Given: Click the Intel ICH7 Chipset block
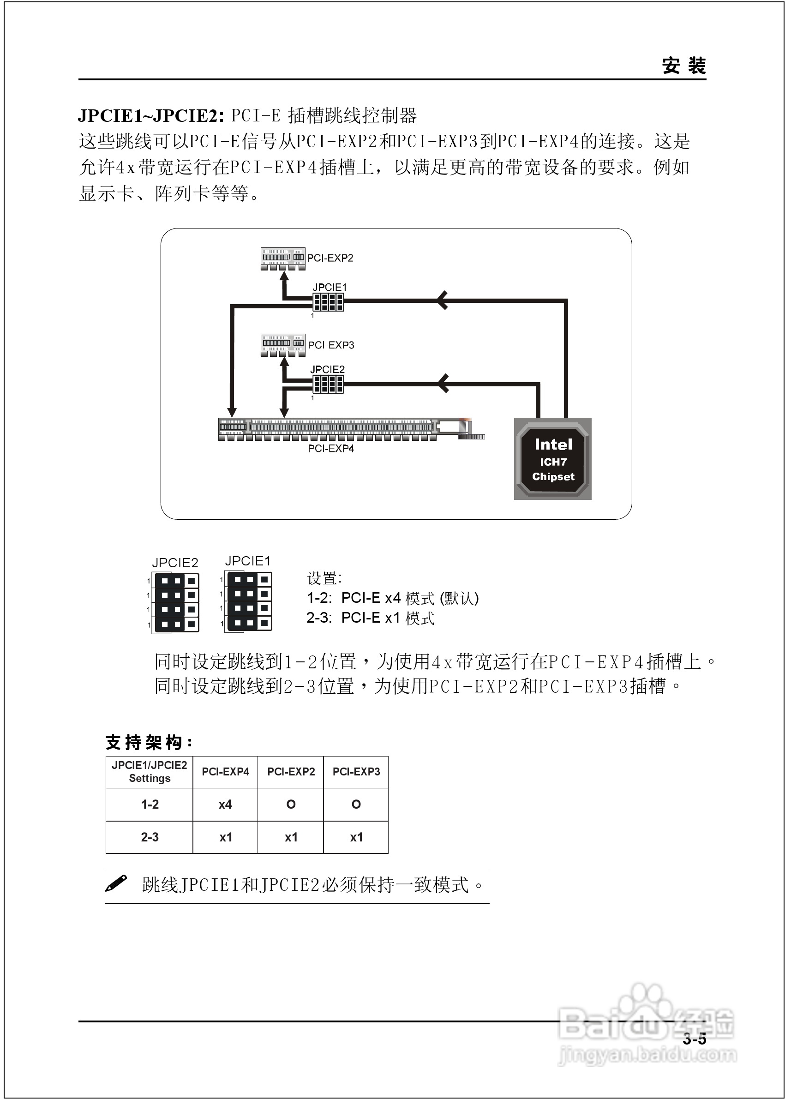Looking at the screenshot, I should pyautogui.click(x=552, y=458).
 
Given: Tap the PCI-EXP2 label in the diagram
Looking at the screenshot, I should pyautogui.click(x=330, y=258).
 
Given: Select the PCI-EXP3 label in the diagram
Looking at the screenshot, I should pyautogui.click(x=331, y=345).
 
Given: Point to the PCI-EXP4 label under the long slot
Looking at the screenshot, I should pyautogui.click(x=330, y=449).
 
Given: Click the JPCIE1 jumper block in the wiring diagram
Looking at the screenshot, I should pyautogui.click(x=328, y=302).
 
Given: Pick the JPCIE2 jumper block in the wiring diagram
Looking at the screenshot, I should pyautogui.click(x=328, y=384).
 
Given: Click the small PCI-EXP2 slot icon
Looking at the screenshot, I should pyautogui.click(x=283, y=258).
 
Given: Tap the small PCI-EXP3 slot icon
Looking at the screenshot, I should pyautogui.click(x=283, y=345).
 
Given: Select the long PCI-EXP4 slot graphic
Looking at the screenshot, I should pyautogui.click(x=338, y=429).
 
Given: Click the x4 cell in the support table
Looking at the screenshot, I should pyautogui.click(x=225, y=805).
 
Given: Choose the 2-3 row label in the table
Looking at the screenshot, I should pyautogui.click(x=150, y=837).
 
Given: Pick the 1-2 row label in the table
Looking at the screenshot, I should pyautogui.click(x=150, y=805).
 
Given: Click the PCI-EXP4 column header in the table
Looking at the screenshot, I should pyautogui.click(x=225, y=772).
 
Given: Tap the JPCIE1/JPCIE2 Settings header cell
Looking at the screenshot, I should pyautogui.click(x=150, y=772).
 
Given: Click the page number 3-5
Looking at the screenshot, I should pyautogui.click(x=694, y=1039).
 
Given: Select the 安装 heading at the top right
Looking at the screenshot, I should pyautogui.click(x=683, y=66).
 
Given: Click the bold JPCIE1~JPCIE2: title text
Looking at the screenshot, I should pyautogui.click(x=151, y=115).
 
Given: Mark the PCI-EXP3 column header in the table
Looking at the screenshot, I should pyautogui.click(x=356, y=772).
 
